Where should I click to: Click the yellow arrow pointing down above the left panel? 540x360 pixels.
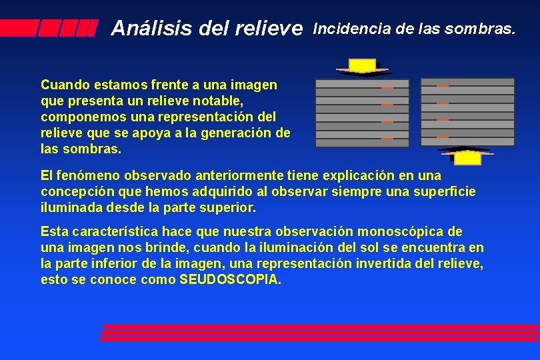[363, 66]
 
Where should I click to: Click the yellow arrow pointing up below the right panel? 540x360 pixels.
[467, 157]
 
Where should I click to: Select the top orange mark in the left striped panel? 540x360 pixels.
[387, 88]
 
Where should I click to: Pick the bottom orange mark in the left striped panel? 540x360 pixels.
[387, 138]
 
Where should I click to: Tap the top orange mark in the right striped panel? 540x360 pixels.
[442, 86]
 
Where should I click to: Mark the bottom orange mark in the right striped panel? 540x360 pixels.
[442, 136]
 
